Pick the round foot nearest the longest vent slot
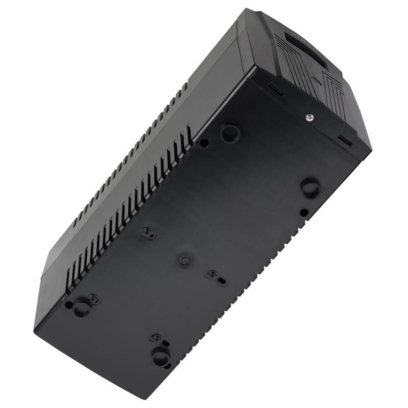click(229, 132)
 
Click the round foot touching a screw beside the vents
click(82, 307)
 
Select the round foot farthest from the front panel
click(161, 357)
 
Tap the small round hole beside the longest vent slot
click(204, 143)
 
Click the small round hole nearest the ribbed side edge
click(304, 212)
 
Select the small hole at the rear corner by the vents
click(67, 304)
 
